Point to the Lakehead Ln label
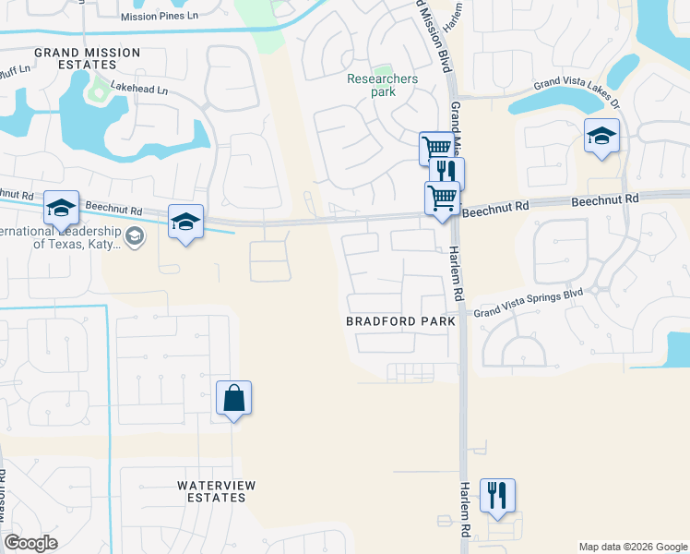coord(139,90)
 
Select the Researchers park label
coord(383,85)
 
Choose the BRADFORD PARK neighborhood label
coord(400,321)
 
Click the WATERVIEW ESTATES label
coord(216,491)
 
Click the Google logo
coord(30,543)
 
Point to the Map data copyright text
coord(632,547)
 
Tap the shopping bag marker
coord(234,398)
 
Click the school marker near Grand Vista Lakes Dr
coord(601,137)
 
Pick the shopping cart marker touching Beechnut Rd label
coord(442,198)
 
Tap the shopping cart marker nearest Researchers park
coord(435,147)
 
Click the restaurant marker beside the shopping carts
coord(446,173)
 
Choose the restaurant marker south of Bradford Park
coord(497,495)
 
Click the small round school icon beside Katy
coord(136,237)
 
